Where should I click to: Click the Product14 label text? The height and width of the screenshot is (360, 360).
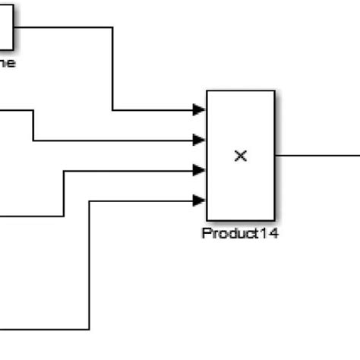pyautogui.click(x=240, y=234)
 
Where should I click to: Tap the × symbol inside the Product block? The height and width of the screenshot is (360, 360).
pyautogui.click(x=240, y=156)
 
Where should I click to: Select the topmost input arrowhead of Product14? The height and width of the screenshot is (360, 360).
pyautogui.click(x=200, y=110)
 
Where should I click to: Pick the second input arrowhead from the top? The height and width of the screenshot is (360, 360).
pyautogui.click(x=200, y=140)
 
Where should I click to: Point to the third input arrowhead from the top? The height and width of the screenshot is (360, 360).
pyautogui.click(x=200, y=170)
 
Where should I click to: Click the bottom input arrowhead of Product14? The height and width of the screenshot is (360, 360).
pyautogui.click(x=200, y=201)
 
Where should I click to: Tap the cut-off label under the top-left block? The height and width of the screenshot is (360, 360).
pyautogui.click(x=6, y=63)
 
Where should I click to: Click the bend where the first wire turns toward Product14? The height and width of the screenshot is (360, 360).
pyautogui.click(x=112, y=110)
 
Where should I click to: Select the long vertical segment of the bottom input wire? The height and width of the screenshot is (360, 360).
pyautogui.click(x=90, y=266)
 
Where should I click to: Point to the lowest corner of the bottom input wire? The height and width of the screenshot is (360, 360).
pyautogui.click(x=90, y=330)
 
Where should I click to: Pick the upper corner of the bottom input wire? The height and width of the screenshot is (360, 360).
pyautogui.click(x=90, y=201)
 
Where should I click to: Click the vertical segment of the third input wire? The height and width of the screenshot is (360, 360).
pyautogui.click(x=63, y=194)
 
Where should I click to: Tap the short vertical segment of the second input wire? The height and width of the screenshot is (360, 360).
pyautogui.click(x=33, y=125)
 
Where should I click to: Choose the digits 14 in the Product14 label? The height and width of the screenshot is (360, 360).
pyautogui.click(x=267, y=234)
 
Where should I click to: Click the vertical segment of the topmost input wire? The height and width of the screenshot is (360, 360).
pyautogui.click(x=112, y=68)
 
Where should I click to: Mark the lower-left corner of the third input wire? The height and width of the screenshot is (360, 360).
pyautogui.click(x=63, y=216)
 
